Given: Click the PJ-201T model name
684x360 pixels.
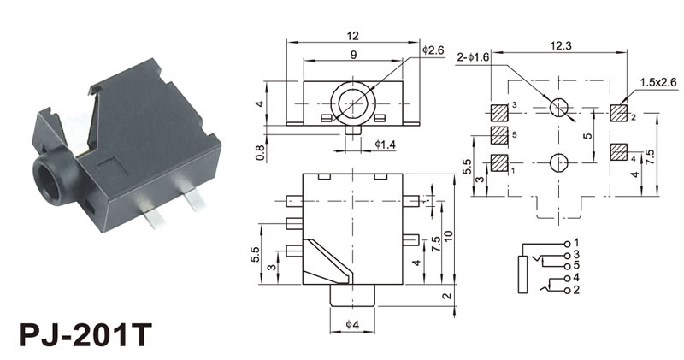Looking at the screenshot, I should [82, 329].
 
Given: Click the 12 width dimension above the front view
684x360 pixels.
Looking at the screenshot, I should [351, 35].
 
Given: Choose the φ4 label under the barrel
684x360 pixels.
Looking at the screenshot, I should [353, 326].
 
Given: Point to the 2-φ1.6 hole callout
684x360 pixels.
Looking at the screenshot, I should [475, 57].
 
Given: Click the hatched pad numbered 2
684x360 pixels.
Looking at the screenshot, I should [618, 112].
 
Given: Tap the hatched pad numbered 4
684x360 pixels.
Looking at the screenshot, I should [618, 152].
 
